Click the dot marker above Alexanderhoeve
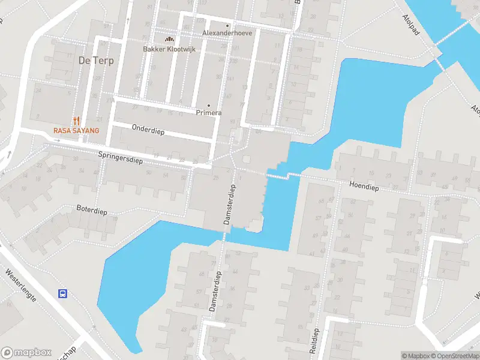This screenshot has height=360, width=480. (x=227, y=26)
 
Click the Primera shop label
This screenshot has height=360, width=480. (x=209, y=113)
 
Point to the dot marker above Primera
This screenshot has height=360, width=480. (x=209, y=105)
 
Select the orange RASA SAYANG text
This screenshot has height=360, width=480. (x=76, y=130)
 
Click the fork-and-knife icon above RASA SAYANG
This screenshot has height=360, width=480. (x=76, y=120)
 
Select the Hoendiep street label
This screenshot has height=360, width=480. (x=364, y=187)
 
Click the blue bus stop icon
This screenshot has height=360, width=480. (x=62, y=293)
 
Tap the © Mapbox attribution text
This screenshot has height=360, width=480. (x=416, y=356)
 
